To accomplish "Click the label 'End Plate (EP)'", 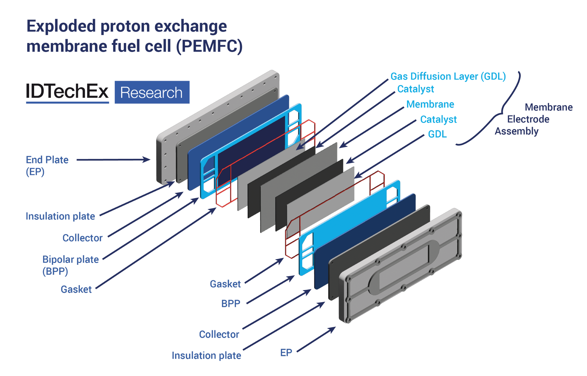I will (x=47, y=165).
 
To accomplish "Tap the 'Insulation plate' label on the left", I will (x=60, y=216).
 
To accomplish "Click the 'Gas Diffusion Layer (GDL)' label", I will (x=448, y=76).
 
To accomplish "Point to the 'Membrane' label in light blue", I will (x=430, y=104).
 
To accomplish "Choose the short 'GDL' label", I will (x=437, y=134).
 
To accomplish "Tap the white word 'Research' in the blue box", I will (x=151, y=92).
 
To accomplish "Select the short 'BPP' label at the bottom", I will (x=231, y=304).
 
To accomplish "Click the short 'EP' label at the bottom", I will (x=286, y=353).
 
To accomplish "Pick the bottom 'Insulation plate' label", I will (x=206, y=356).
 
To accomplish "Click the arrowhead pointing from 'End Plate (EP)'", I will (x=147, y=160).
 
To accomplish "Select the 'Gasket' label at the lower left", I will (x=76, y=289).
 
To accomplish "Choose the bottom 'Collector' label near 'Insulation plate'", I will (x=219, y=335).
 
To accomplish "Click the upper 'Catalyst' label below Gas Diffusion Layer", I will (x=415, y=89).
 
